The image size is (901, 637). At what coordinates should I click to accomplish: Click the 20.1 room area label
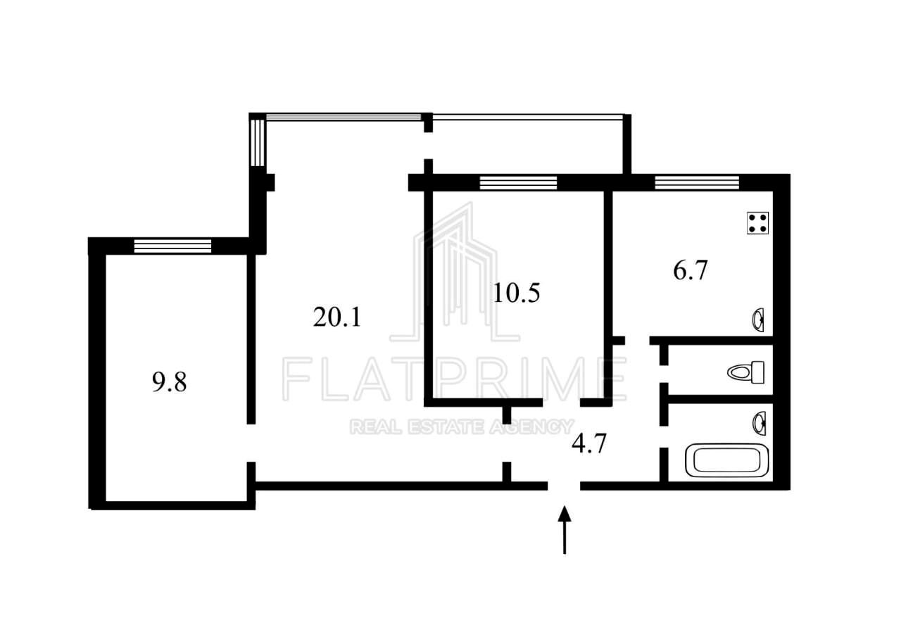[x=337, y=317]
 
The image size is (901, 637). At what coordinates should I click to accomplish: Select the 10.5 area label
[x=517, y=293]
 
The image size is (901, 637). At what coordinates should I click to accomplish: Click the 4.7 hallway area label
[x=589, y=443]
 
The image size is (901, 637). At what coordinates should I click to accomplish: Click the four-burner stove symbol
[x=758, y=223]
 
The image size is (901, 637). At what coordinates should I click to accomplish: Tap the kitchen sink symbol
[x=758, y=320]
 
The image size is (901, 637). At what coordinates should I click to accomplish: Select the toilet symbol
[x=745, y=372]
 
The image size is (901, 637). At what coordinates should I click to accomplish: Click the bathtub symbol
[x=727, y=460]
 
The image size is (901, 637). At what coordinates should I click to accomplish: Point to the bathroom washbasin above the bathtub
[x=759, y=424]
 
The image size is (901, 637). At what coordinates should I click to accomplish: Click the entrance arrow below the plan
[x=565, y=529]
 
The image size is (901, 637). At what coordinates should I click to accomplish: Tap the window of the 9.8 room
[x=172, y=246]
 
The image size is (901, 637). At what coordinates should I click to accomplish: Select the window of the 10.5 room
[x=519, y=183]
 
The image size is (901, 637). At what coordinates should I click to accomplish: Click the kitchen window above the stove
[x=697, y=183]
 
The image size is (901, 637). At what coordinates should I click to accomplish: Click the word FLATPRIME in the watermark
[x=455, y=379]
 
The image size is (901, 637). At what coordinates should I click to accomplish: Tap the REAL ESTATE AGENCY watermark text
[x=462, y=427]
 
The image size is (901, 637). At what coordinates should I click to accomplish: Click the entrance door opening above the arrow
[x=564, y=486]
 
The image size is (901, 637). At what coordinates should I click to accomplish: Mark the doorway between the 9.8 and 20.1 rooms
[x=251, y=443]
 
